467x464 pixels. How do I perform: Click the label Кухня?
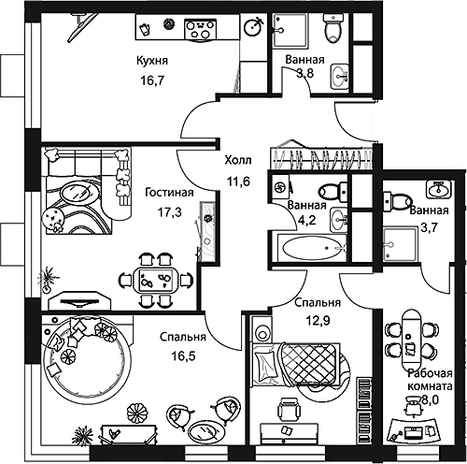[x=151, y=61]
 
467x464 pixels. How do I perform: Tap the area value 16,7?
[x=151, y=81]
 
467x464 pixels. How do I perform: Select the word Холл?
[x=238, y=160]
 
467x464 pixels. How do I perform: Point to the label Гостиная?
[x=169, y=193]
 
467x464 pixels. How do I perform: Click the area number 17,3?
[x=169, y=212]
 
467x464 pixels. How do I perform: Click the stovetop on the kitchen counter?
[x=198, y=28]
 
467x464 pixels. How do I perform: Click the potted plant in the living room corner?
[x=43, y=279]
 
